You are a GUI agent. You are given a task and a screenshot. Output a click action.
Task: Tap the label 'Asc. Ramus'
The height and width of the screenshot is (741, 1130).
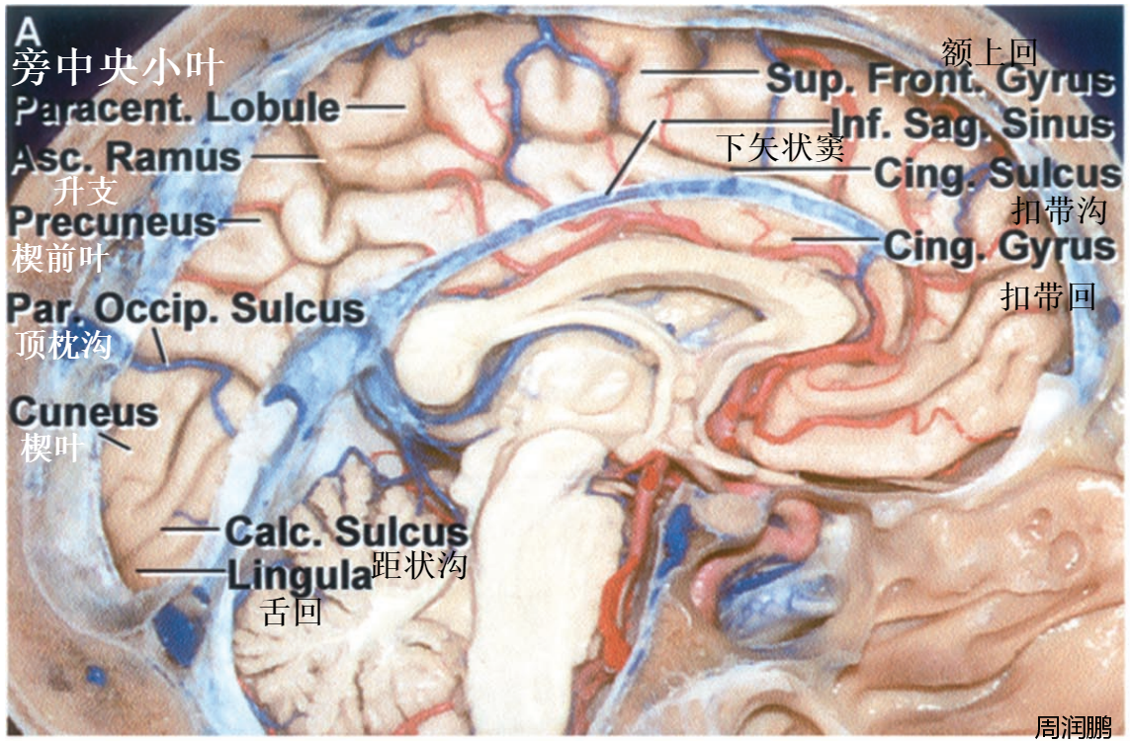coord(127,156)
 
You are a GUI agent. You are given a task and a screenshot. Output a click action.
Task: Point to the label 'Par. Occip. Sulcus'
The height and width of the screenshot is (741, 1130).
coord(186,308)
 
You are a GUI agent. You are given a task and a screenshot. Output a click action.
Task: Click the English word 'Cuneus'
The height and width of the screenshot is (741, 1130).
coord(84,413)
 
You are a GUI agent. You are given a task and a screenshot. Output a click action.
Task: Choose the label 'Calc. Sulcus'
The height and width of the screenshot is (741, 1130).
coord(345,531)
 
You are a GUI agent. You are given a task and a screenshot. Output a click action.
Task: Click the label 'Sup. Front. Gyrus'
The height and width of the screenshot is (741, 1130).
coord(939,78)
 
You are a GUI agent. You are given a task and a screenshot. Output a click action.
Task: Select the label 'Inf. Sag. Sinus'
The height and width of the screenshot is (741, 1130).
coord(973,123)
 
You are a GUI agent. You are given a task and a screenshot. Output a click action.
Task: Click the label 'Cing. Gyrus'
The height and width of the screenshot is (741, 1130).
coord(1000,245)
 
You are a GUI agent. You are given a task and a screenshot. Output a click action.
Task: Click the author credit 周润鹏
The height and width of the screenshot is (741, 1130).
coord(1074,726)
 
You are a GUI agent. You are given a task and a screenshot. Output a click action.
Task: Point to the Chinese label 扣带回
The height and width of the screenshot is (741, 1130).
coord(1048,295)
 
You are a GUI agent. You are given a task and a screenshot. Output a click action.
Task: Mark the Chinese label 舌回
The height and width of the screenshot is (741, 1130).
coord(293,613)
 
